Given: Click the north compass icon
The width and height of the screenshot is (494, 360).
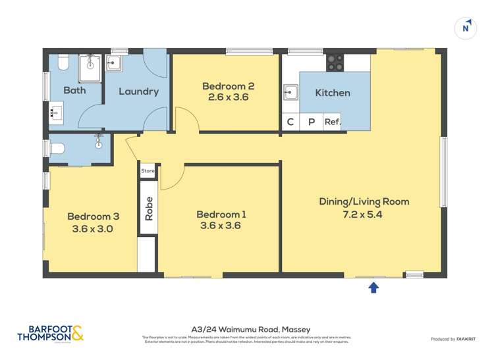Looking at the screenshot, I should [466, 28].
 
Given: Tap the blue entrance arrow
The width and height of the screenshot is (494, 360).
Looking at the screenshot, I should [373, 287].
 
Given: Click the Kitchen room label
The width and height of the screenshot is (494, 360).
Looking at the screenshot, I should [333, 93].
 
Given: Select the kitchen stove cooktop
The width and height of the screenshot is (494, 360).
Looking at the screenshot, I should [335, 63].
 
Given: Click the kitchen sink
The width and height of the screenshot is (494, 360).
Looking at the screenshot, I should [290, 93].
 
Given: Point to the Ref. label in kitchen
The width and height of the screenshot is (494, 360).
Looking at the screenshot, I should [332, 122].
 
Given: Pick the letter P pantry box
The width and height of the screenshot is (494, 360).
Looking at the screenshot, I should [312, 122].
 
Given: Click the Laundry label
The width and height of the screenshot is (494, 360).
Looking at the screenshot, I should [138, 91].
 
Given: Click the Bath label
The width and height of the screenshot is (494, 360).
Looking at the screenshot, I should [74, 90].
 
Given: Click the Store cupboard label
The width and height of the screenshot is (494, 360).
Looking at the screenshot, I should [148, 171].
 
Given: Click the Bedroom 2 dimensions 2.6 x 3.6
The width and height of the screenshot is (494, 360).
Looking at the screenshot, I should [228, 97].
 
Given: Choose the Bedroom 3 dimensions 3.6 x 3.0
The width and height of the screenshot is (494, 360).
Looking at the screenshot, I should [93, 229].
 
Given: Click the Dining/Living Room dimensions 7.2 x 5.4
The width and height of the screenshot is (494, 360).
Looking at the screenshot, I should [364, 214].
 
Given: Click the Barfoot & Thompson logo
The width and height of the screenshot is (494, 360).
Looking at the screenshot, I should [51, 334].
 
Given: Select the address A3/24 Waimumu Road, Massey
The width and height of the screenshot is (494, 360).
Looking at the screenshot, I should [250, 329].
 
